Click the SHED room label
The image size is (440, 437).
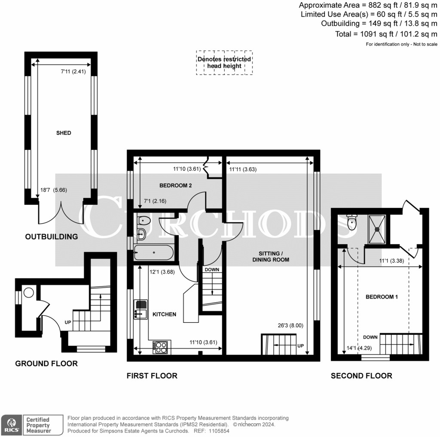[64, 133]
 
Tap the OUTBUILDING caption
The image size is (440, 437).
[52, 237]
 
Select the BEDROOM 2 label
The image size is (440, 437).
[175, 185]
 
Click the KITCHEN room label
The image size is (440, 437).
[165, 314]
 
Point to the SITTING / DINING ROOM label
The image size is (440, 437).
[271, 257]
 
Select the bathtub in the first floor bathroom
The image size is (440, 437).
[153, 252]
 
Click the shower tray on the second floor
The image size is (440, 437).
[378, 228]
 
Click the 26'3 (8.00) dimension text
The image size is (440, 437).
[290, 325]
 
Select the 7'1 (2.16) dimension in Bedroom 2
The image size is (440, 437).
[150, 200]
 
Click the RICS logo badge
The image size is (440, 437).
[11, 425]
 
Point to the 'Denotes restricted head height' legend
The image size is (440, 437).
[224, 63]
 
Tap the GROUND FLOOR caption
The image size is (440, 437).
[46, 364]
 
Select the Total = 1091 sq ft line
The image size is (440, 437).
[386, 34]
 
